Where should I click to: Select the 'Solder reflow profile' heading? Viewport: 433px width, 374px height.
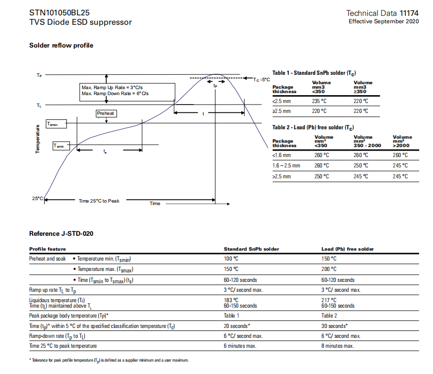61,46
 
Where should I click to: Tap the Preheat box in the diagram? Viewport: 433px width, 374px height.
106,113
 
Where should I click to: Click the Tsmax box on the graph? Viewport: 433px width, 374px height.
55,124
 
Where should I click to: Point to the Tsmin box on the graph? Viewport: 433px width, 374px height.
61,146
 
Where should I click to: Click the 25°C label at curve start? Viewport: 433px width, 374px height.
38,198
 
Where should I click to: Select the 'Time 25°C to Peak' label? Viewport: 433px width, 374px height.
99,201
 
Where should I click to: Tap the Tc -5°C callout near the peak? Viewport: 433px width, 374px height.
262,79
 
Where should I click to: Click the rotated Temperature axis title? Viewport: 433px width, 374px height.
38,139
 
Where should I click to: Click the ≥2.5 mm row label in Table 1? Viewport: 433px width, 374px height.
281,111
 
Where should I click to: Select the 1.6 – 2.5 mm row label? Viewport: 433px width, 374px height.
286,165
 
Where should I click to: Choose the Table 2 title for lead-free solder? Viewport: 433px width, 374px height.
313,127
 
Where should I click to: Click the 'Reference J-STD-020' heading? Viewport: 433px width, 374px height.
61,234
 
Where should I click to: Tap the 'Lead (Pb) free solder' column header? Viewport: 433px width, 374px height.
347,249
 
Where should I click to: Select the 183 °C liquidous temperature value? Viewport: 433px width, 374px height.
231,300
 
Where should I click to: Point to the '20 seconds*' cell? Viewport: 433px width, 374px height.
237,326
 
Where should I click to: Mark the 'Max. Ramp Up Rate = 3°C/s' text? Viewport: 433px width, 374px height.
115,87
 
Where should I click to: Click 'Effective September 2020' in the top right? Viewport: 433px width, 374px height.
383,21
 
